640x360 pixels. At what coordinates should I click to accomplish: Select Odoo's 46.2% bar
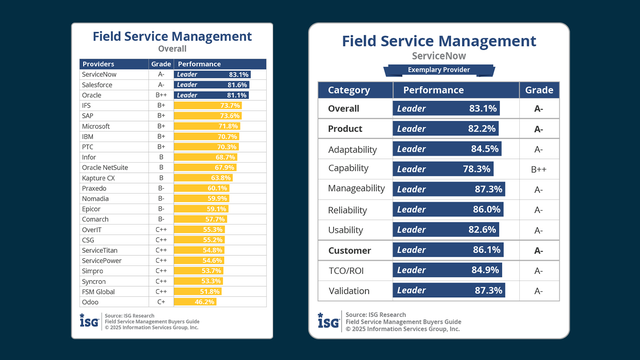coord(194,300)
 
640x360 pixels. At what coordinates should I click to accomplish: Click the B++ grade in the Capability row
coord(538,169)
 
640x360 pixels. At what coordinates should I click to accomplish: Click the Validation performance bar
coord(448,291)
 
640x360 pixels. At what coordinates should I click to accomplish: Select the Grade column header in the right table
coord(538,88)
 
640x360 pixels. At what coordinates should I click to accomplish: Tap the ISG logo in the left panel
coord(91,321)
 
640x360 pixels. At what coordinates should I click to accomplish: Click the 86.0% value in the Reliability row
coord(485,210)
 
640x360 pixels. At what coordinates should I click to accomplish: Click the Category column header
coord(349,88)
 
